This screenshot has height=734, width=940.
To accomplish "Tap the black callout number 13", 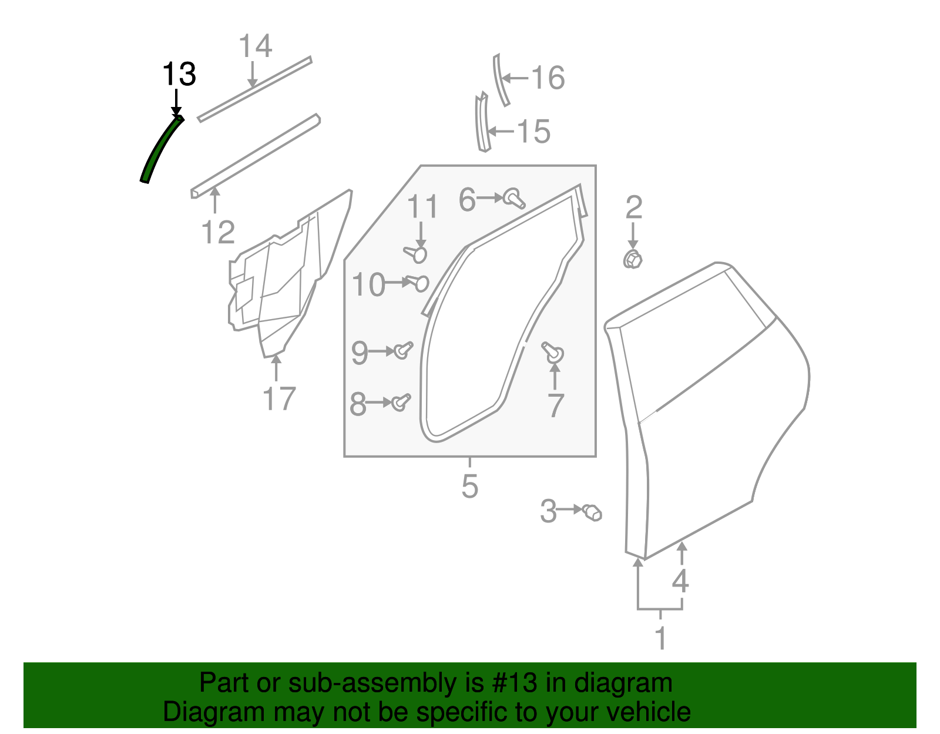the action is (x=179, y=74).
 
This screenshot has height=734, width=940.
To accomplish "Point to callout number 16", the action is (x=548, y=78).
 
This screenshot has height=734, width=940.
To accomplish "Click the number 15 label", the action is (x=534, y=131).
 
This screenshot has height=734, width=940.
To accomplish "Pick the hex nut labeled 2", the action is (x=633, y=260).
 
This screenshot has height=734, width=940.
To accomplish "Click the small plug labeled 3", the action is (x=592, y=512).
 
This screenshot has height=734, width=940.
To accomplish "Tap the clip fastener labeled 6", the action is (x=514, y=199).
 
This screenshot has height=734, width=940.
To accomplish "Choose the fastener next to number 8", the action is (x=401, y=403).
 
